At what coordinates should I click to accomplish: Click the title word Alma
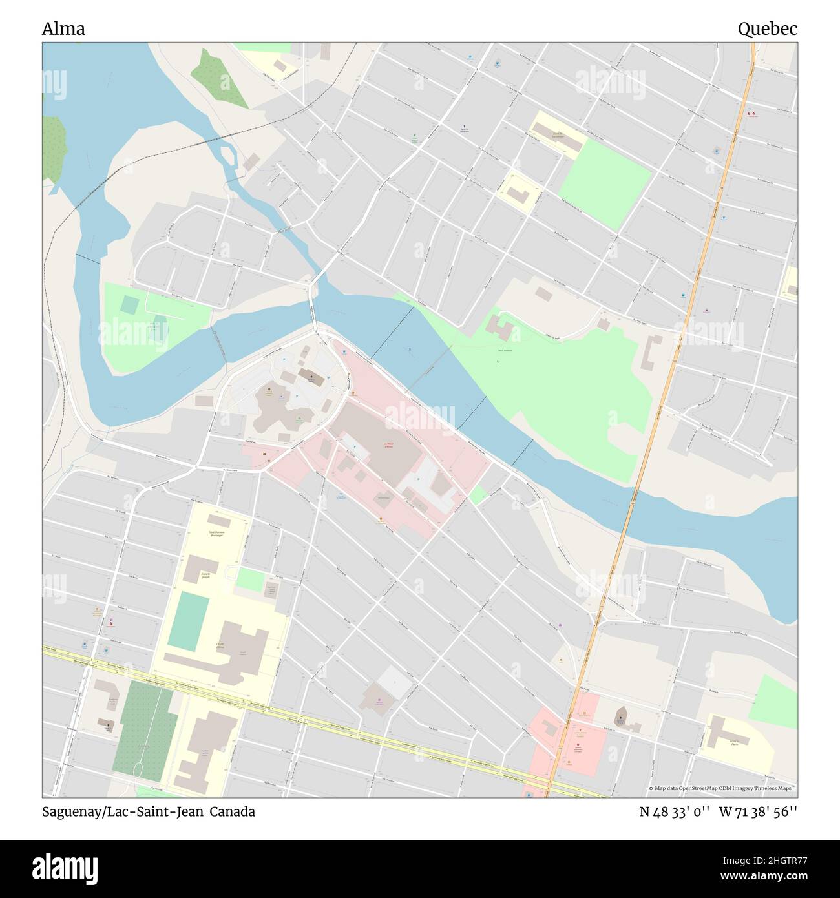pos(63,29)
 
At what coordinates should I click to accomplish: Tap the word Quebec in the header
pos(767,29)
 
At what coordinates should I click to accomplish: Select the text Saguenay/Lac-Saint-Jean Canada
pos(149,812)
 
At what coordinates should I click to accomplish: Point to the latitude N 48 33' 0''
pos(675,812)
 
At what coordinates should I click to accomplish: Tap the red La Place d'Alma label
pos(388,446)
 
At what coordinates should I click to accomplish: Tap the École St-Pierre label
pos(734,743)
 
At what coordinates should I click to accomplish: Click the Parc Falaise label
pos(504,351)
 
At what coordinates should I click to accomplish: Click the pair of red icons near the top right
pos(751,114)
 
